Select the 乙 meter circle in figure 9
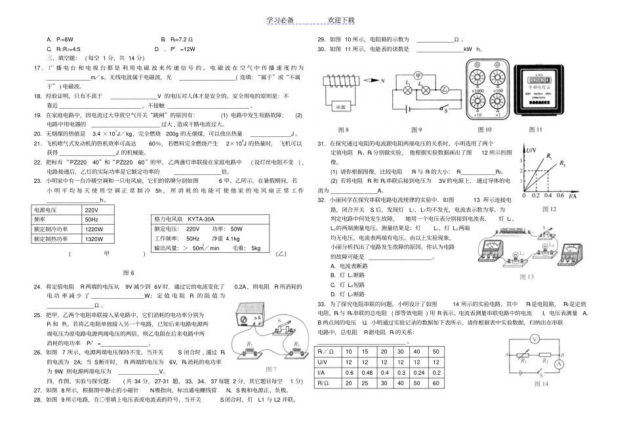pyautogui.click(x=445, y=90)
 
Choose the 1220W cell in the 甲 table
pyautogui.click(x=94, y=229)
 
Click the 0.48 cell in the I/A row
pyautogui.click(x=349, y=372)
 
